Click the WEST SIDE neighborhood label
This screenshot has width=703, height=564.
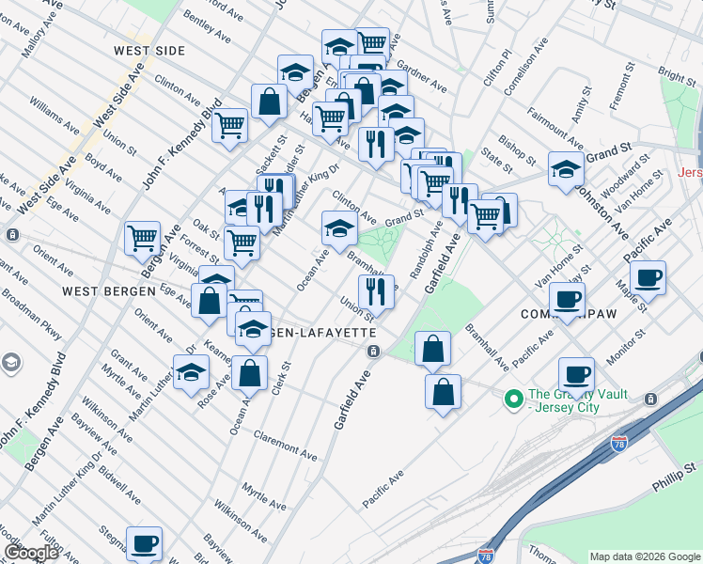148,50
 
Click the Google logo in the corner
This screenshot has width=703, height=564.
31,553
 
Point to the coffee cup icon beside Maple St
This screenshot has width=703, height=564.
648,277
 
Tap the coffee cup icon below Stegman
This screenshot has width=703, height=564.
144,542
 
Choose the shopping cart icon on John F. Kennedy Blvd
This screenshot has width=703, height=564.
229,125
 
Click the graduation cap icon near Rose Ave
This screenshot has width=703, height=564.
191,371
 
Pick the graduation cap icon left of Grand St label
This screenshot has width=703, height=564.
338,226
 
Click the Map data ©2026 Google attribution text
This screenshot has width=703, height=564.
645,556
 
